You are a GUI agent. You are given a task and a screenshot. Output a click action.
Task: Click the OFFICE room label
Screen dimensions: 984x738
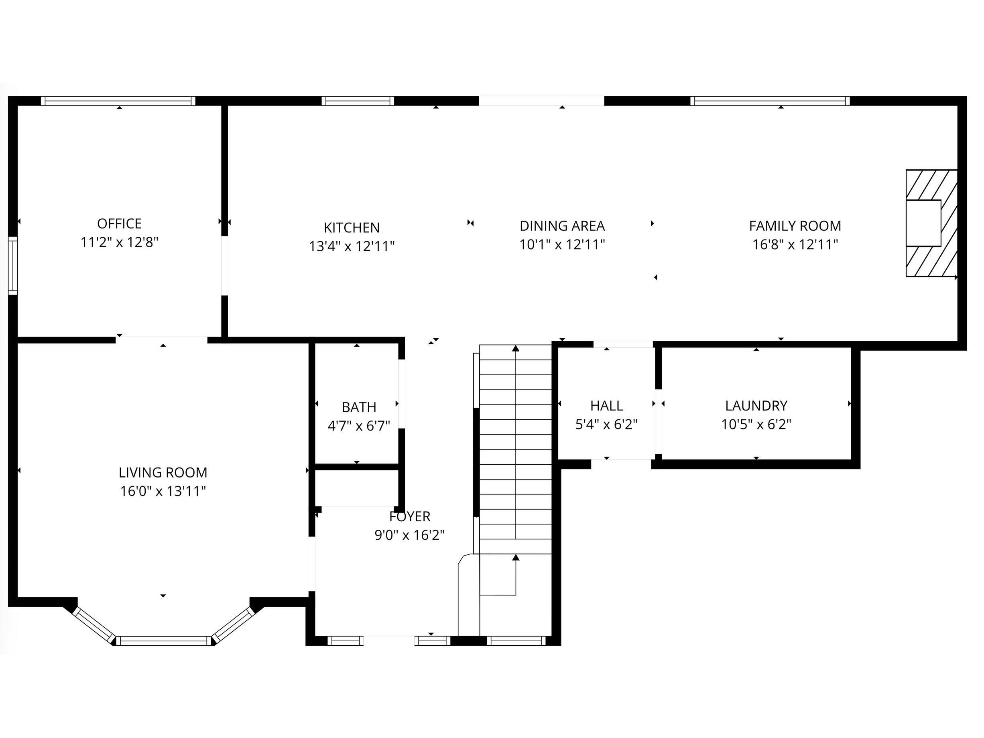[119, 223]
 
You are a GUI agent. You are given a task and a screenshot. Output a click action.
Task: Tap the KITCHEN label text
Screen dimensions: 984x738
[352, 228]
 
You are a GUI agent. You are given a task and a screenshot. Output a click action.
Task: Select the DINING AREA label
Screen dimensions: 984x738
[562, 226]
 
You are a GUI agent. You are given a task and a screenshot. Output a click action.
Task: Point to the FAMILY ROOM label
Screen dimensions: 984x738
[795, 226]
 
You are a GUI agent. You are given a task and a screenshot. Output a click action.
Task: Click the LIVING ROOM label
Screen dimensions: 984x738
[163, 472]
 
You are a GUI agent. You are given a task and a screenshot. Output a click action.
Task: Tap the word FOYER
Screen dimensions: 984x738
[410, 516]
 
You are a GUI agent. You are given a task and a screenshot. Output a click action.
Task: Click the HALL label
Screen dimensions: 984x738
[606, 406]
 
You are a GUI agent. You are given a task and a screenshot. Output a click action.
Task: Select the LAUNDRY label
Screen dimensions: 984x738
[756, 406]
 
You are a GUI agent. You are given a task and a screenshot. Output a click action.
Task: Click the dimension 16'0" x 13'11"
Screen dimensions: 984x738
[163, 491]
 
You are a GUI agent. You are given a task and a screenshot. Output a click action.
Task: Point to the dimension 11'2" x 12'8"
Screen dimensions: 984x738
[119, 242]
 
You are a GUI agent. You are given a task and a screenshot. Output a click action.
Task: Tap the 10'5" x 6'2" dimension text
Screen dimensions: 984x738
[756, 425]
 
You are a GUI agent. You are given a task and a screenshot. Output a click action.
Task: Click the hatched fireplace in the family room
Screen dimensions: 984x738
[931, 223]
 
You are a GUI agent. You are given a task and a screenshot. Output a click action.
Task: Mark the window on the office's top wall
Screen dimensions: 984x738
[118, 101]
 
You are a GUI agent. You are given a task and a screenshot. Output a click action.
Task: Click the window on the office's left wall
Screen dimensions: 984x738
[13, 266]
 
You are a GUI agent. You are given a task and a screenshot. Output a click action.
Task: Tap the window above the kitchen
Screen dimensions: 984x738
[358, 101]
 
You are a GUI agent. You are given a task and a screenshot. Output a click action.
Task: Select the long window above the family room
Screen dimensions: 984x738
[770, 101]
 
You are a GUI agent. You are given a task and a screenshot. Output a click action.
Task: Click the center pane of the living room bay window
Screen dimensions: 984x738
[163, 641]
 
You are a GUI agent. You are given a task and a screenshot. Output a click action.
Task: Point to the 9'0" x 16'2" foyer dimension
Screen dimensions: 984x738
[410, 535]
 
